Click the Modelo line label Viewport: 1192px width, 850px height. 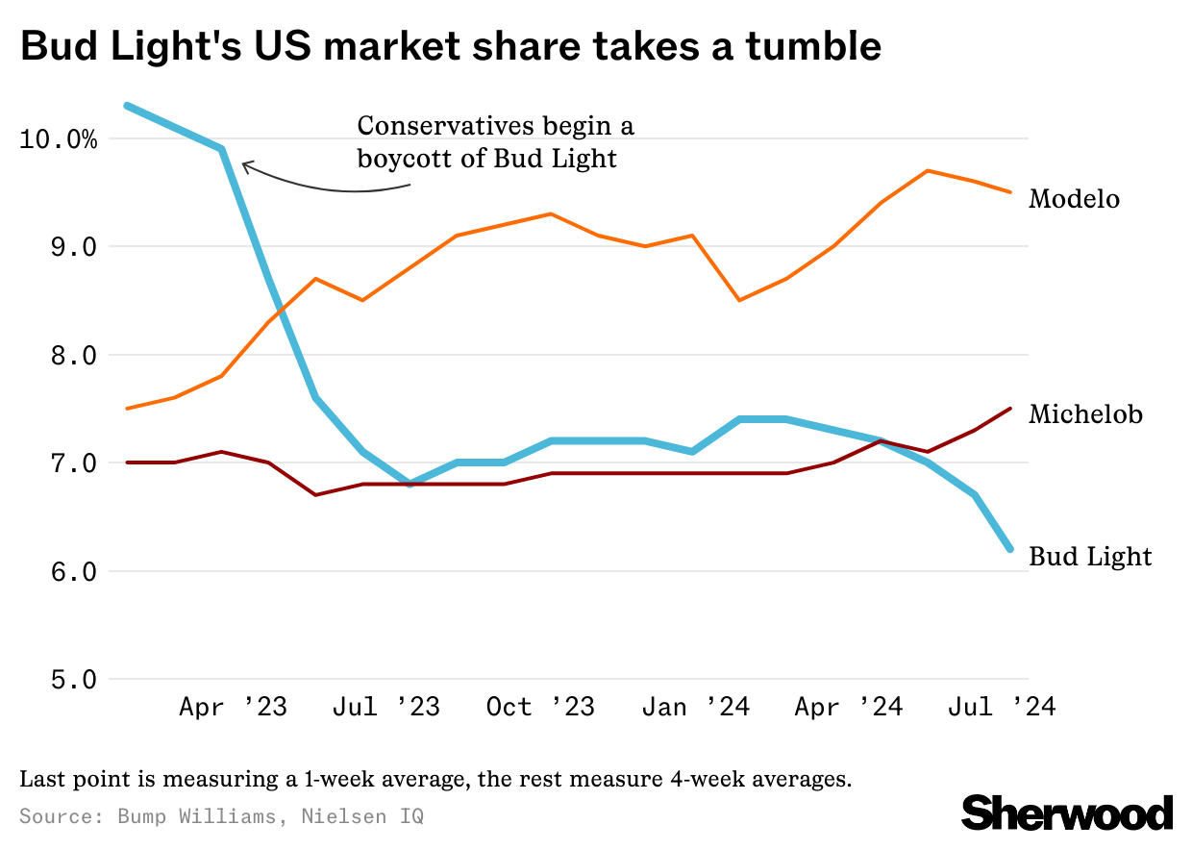tap(1074, 199)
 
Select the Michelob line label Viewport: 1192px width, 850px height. tap(1085, 414)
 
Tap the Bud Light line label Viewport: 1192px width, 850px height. tap(1090, 557)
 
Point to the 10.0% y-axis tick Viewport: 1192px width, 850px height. tap(58, 139)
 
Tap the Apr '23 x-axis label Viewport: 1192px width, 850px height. tap(233, 708)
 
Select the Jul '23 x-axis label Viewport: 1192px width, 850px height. tap(385, 708)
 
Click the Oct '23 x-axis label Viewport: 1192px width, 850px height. tap(540, 708)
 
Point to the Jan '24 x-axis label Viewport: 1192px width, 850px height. tap(695, 708)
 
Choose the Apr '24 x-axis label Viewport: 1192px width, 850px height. tap(849, 708)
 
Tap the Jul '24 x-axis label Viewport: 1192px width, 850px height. tap(1002, 708)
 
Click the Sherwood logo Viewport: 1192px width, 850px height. tap(1067, 812)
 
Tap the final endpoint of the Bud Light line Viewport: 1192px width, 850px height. tap(1009, 549)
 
